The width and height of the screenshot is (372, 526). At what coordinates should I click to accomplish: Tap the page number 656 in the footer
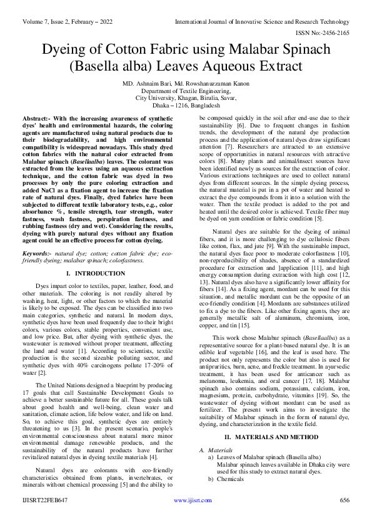344,518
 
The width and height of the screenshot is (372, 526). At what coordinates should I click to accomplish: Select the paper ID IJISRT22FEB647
45,518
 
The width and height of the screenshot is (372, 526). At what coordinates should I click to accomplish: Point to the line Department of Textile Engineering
186,91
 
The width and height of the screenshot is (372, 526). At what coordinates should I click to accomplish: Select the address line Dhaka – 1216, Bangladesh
186,106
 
